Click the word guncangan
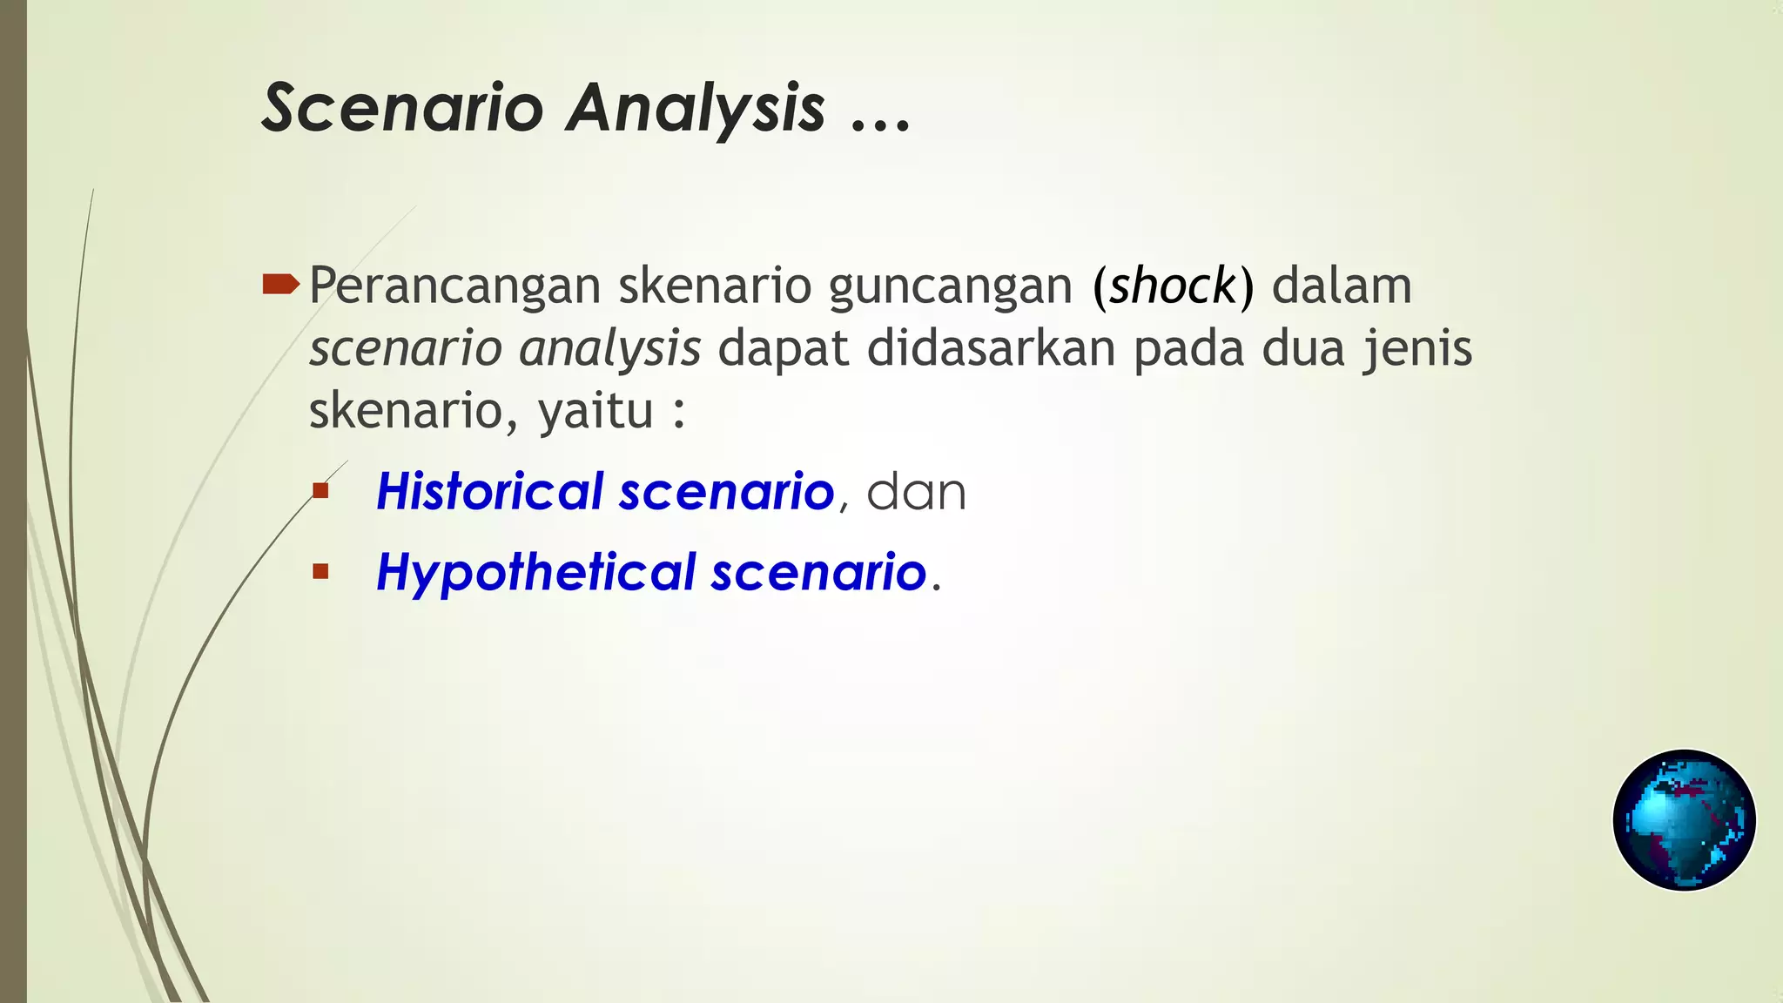(x=950, y=287)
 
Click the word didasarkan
(x=991, y=348)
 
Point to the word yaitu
(x=595, y=411)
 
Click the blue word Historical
(x=489, y=491)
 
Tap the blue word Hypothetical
(x=535, y=573)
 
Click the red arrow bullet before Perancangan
(x=280, y=284)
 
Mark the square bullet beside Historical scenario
(x=320, y=491)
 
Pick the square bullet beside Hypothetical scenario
(x=320, y=572)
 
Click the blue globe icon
(x=1684, y=819)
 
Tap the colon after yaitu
(x=679, y=414)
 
